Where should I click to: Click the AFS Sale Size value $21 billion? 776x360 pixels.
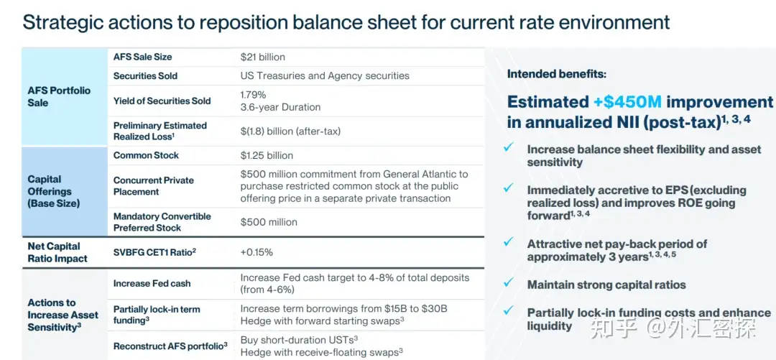(262, 57)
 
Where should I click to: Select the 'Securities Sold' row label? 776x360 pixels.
(145, 75)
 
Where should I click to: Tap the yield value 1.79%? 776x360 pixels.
(253, 95)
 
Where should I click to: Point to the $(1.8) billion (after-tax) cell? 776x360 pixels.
(290, 131)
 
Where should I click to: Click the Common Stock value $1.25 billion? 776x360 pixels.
(267, 155)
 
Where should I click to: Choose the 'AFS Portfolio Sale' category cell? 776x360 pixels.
(59, 96)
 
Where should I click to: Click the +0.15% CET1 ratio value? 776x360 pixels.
(257, 252)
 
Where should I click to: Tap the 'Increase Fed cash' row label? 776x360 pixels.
(152, 283)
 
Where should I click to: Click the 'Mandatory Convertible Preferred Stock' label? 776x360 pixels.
(162, 222)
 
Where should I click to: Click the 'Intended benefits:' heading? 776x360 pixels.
(556, 73)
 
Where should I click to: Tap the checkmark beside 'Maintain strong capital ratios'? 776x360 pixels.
(509, 284)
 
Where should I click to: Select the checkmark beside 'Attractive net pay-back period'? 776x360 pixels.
(509, 244)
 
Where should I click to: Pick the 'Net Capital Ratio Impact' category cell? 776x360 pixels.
(57, 252)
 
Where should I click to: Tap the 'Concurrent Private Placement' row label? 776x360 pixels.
(153, 186)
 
